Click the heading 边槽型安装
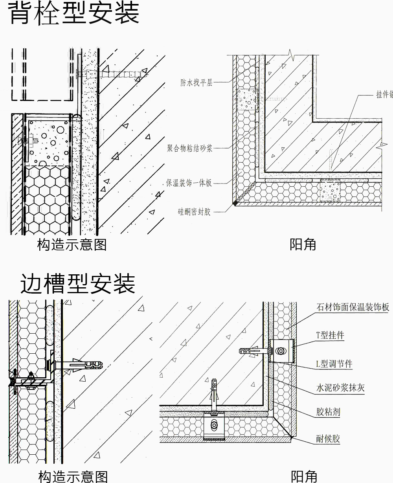click(77, 284)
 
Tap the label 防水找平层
click(196, 83)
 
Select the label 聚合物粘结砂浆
click(190, 148)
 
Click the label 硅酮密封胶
click(194, 212)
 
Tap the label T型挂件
click(330, 335)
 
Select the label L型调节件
click(334, 364)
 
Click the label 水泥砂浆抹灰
click(340, 388)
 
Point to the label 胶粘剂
click(328, 412)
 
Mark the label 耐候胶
click(328, 439)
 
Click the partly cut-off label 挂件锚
click(384, 95)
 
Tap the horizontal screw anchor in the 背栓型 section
click(114, 73)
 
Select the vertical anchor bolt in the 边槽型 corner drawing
click(214, 395)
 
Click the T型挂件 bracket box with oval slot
click(281, 350)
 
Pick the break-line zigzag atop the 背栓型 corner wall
click(291, 55)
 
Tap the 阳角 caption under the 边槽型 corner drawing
click(304, 476)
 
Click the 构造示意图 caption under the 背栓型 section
click(72, 245)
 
